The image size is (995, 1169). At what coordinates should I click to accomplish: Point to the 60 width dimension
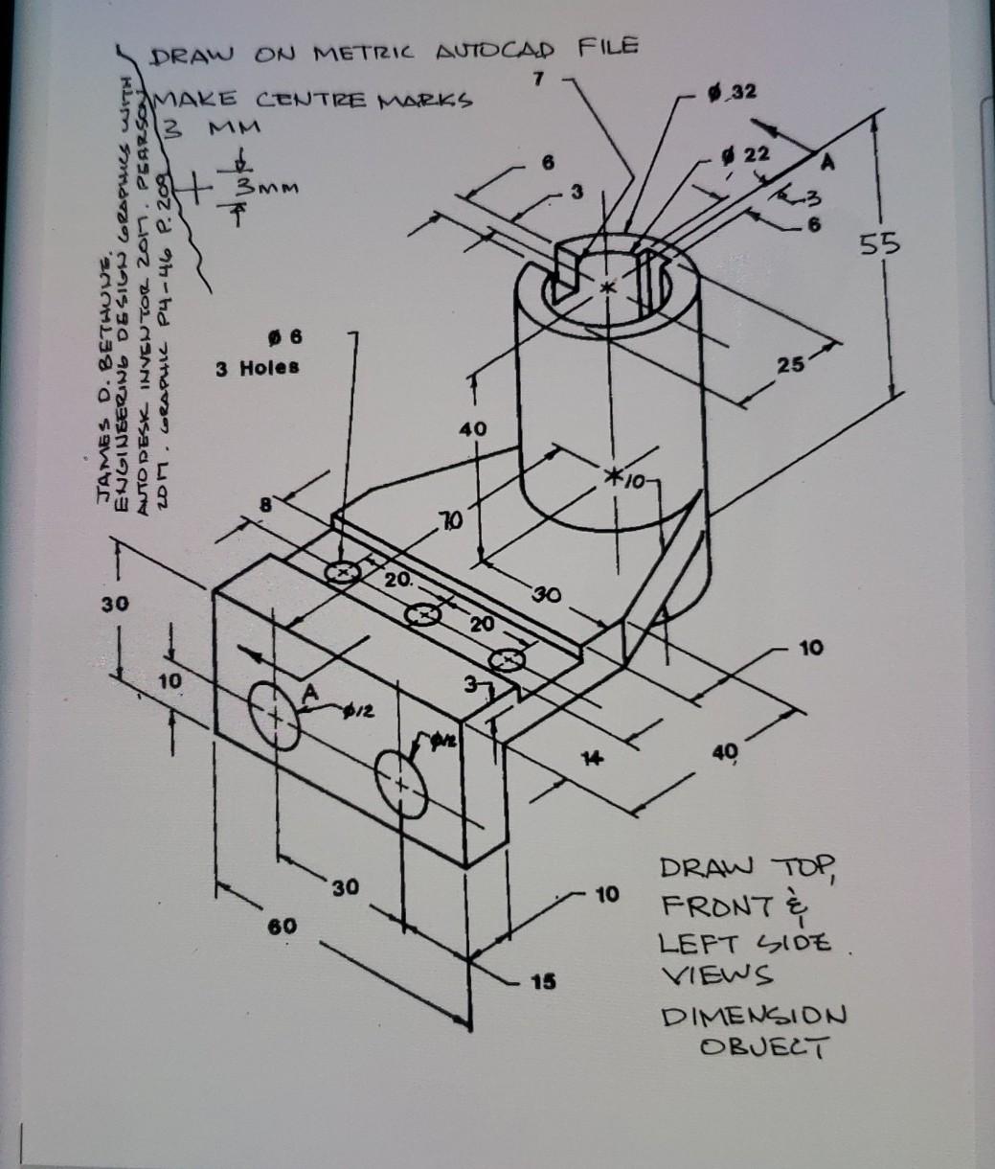283,927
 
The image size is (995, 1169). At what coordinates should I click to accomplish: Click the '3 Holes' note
256,367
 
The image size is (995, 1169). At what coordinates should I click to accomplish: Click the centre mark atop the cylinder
605,287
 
